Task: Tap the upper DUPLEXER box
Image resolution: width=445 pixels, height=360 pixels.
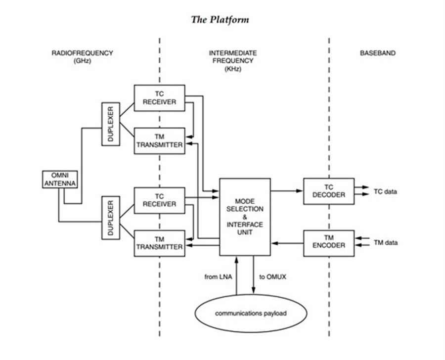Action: (x=111, y=124)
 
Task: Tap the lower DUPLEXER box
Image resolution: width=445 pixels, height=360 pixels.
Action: (x=111, y=217)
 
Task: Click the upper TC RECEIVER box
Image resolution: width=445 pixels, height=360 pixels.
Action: (x=159, y=98)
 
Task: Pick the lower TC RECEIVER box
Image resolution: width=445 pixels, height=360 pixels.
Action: (x=159, y=200)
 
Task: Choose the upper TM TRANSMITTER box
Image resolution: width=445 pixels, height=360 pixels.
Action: (x=159, y=140)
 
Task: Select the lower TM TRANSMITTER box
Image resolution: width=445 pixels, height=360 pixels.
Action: (x=159, y=243)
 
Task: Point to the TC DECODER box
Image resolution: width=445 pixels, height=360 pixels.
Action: (x=328, y=191)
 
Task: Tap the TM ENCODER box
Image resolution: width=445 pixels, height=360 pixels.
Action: (x=328, y=242)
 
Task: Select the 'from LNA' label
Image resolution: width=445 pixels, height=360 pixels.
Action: (x=218, y=276)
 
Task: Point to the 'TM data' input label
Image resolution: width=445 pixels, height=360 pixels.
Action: (x=386, y=242)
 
